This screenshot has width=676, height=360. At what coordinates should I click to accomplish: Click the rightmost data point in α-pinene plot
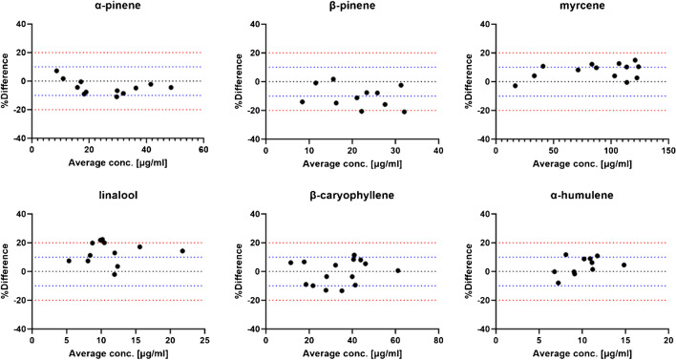tap(171, 87)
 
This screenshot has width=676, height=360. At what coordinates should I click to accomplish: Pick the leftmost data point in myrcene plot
tap(516, 86)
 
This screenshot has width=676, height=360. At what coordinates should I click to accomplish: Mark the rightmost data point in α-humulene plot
tap(623, 265)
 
